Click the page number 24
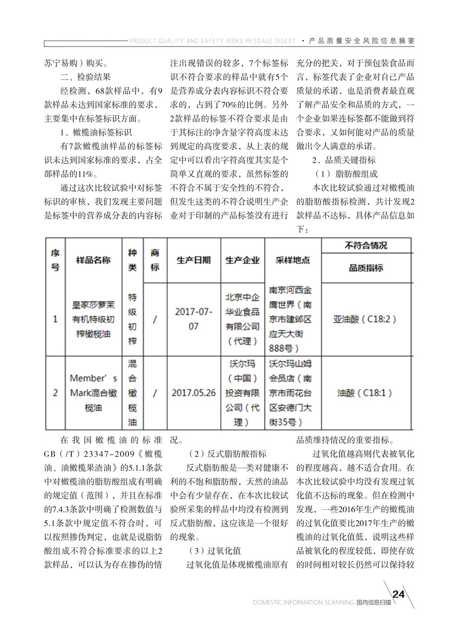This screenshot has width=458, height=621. [398, 594]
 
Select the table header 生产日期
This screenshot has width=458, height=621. [193, 260]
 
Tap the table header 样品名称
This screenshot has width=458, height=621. [93, 260]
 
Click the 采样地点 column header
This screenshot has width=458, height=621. [293, 260]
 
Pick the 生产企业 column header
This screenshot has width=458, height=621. [242, 260]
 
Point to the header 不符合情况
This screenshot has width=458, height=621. [365, 245]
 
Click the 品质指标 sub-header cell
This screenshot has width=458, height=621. [365, 268]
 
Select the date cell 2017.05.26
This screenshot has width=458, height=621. [193, 393]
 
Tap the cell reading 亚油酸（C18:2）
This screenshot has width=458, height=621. [365, 319]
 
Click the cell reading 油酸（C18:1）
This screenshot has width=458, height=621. [365, 393]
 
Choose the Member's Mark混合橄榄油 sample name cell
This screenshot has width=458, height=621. [93, 393]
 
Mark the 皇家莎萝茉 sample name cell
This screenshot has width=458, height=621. [93, 319]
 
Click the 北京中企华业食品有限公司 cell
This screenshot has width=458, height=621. [242, 319]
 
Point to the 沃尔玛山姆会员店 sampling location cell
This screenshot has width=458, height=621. [291, 393]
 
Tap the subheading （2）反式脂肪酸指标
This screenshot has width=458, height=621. [227, 453]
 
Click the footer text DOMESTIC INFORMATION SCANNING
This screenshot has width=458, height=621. [303, 602]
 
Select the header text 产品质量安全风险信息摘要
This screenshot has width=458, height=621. [362, 41]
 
